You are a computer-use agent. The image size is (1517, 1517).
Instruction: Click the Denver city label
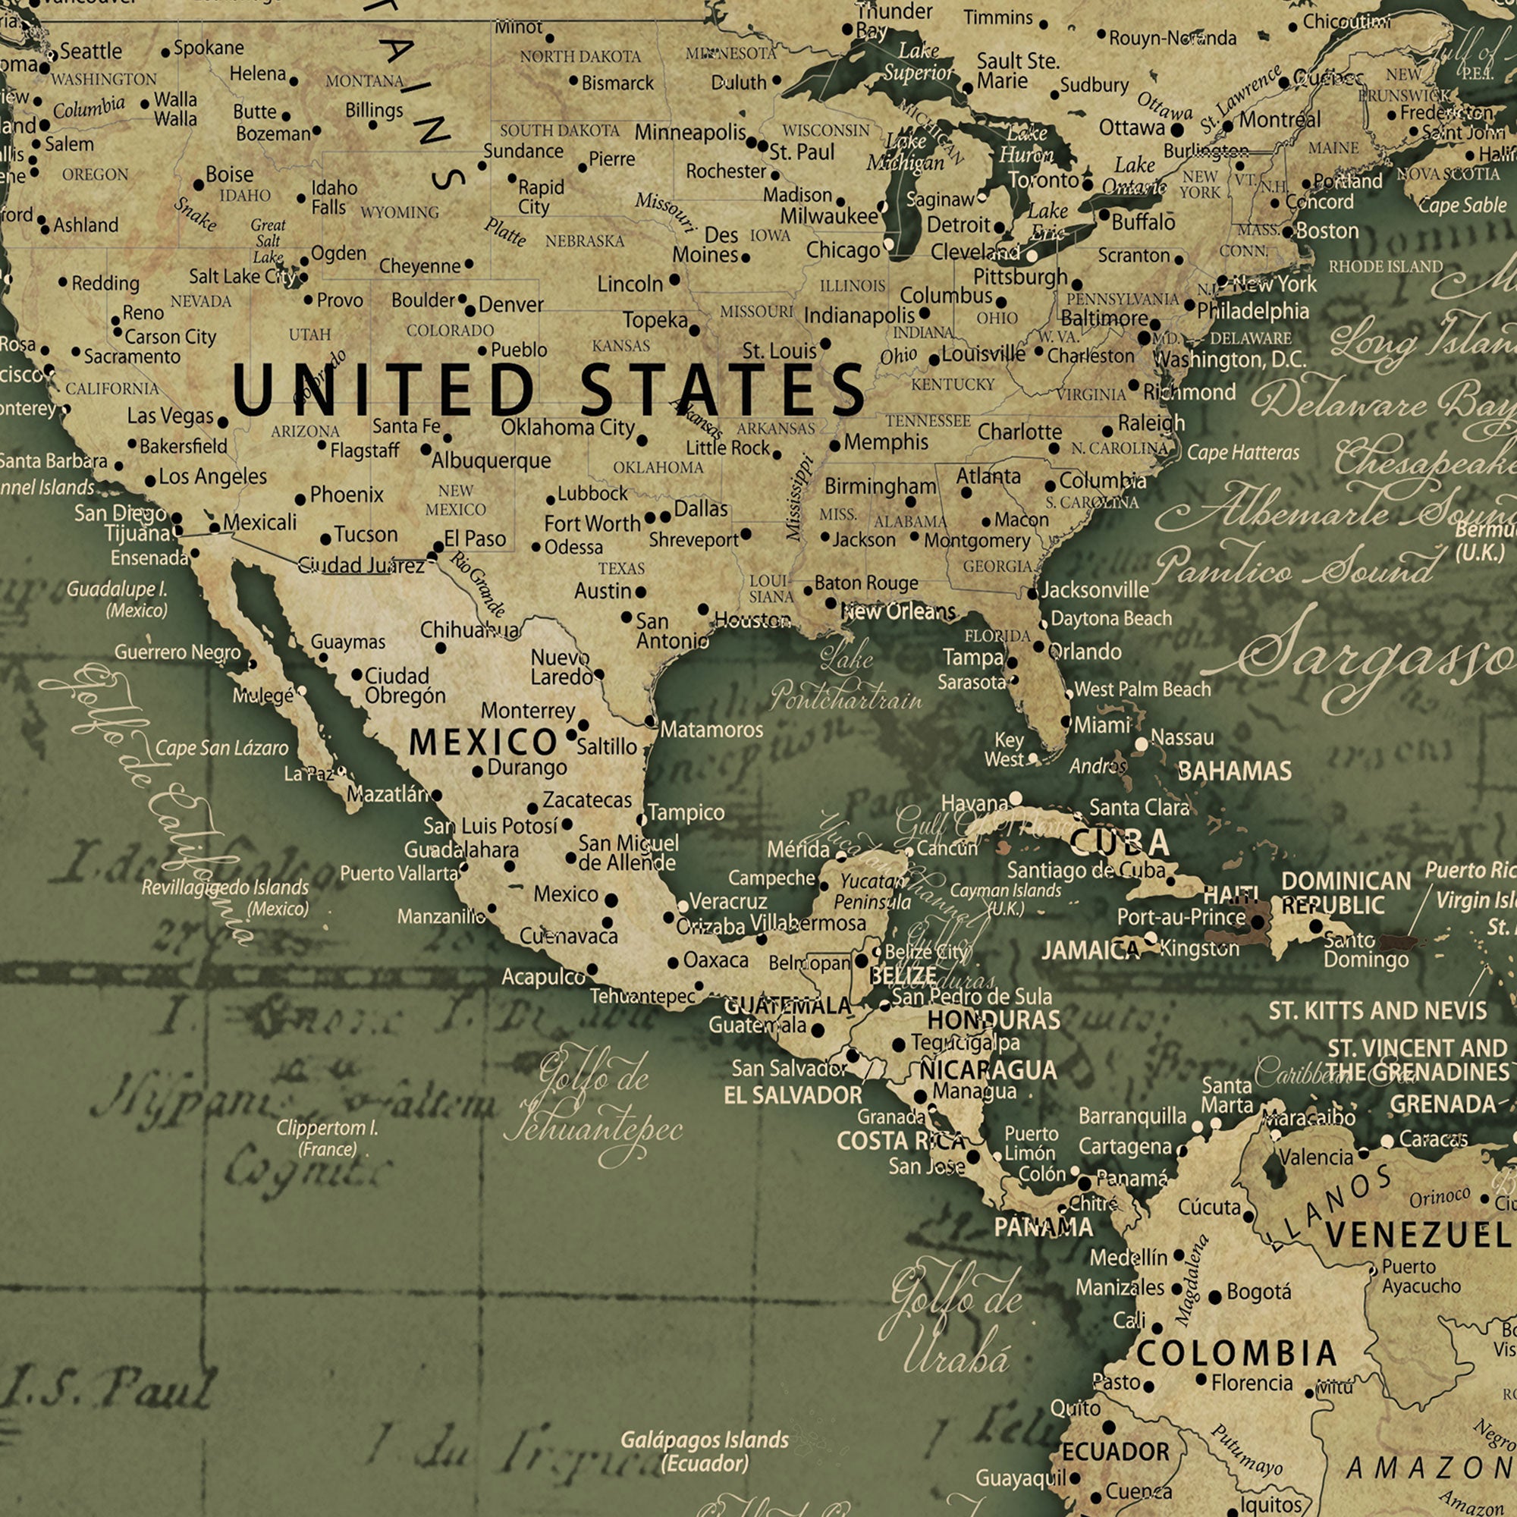point(510,304)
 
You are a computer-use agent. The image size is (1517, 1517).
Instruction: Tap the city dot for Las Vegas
point(223,422)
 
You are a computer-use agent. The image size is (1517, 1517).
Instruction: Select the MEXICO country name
point(483,742)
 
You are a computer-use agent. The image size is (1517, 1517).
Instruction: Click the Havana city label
point(974,803)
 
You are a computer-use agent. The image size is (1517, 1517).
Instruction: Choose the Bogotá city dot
point(1215,1298)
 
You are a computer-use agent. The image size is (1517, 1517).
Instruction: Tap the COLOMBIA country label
point(1236,1353)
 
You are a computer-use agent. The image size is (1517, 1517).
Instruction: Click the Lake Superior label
point(917,61)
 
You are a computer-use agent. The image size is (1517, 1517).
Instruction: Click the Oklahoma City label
point(567,427)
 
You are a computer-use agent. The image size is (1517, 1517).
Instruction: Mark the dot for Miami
point(1066,721)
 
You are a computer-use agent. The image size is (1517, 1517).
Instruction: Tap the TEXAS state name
point(621,567)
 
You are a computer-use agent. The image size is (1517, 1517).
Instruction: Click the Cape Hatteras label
point(1243,452)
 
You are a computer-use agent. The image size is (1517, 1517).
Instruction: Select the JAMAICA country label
point(1090,951)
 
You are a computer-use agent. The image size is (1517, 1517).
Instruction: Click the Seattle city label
point(91,51)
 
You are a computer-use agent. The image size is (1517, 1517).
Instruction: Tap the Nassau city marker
point(1141,743)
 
